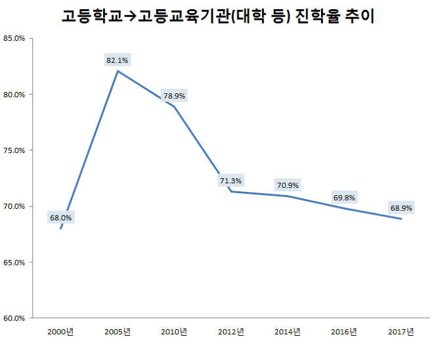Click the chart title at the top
tap(217, 16)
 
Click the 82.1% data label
tap(118, 60)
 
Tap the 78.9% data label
tap(174, 96)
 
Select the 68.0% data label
tap(60, 217)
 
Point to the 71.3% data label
tap(230, 180)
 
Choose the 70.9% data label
tap(288, 185)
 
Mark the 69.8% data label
tap(345, 197)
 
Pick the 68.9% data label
tap(401, 208)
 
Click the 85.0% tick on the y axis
tap(14, 38)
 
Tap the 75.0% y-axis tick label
tap(14, 150)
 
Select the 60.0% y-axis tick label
tap(14, 319)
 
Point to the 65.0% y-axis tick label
tap(14, 263)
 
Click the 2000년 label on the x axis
tap(60, 331)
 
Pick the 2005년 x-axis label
tap(118, 331)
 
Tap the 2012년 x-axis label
tap(231, 331)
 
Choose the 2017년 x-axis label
tap(401, 331)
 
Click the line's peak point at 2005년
tap(118, 71)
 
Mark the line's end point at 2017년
tap(401, 219)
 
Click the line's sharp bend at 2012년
tap(231, 191)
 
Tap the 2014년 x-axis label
tap(288, 331)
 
